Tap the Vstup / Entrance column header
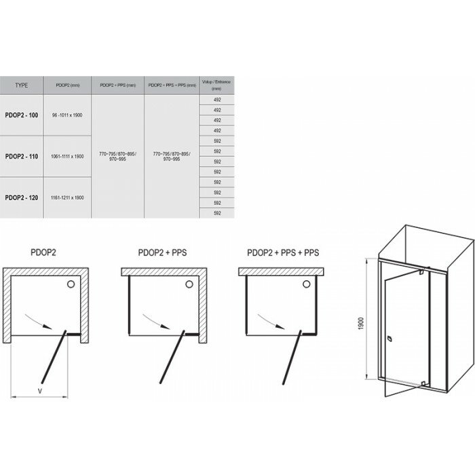click(216, 86)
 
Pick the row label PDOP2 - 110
click(22, 156)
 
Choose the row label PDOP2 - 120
click(22, 197)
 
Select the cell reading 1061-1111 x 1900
click(67, 156)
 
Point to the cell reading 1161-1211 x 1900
click(67, 197)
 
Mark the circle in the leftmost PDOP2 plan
click(72, 286)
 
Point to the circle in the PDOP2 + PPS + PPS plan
click(306, 286)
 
